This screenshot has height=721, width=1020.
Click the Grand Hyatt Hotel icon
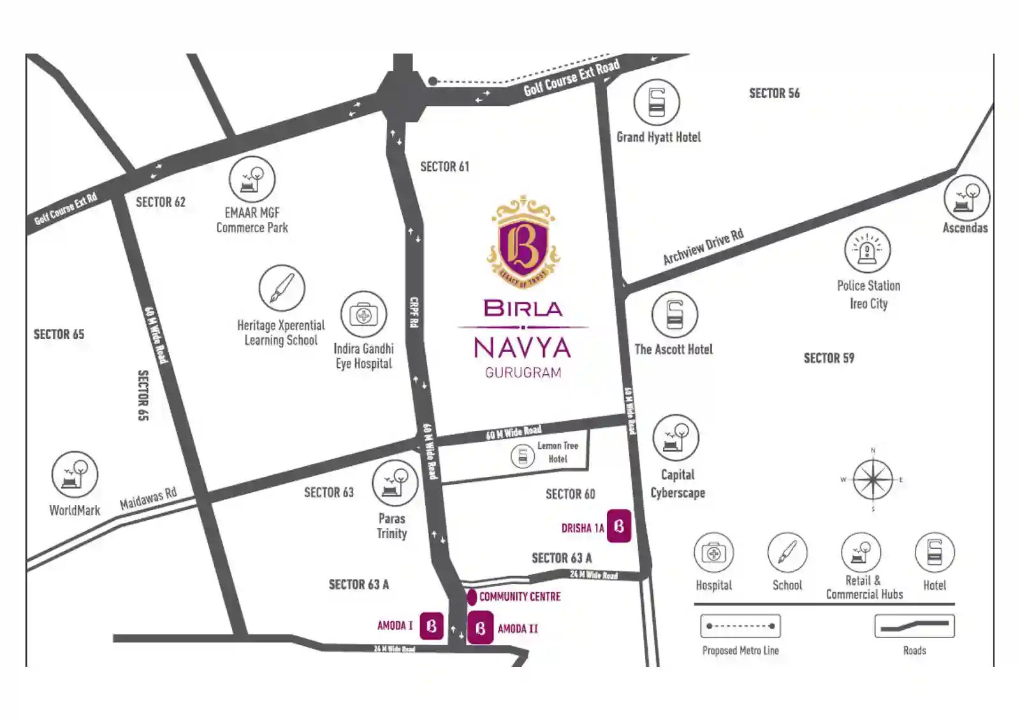pyautogui.click(x=657, y=102)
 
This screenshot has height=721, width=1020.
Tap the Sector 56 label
pyautogui.click(x=774, y=94)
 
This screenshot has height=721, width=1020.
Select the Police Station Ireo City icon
pyautogui.click(x=867, y=249)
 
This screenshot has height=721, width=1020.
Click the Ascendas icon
pyautogui.click(x=966, y=198)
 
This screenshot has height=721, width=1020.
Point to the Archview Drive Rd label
pyautogui.click(x=703, y=247)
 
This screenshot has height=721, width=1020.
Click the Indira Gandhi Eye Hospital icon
pyautogui.click(x=363, y=315)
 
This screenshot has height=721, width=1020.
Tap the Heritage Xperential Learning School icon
pyautogui.click(x=282, y=288)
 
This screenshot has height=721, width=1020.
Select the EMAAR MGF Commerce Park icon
pyautogui.click(x=252, y=179)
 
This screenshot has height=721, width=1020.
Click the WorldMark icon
pyautogui.click(x=75, y=474)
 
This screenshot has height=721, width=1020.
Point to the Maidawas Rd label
pyautogui.click(x=148, y=499)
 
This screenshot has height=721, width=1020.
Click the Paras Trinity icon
pyautogui.click(x=395, y=483)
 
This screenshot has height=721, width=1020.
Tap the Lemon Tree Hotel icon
pyautogui.click(x=523, y=456)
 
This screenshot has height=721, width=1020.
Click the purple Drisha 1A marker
pyautogui.click(x=618, y=526)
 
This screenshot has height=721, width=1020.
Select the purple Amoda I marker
pyautogui.click(x=432, y=626)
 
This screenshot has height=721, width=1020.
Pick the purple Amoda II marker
pyautogui.click(x=480, y=628)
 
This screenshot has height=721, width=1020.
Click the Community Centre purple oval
pyautogui.click(x=472, y=597)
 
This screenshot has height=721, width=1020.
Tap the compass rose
pyautogui.click(x=873, y=479)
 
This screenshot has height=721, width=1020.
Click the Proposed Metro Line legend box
pyautogui.click(x=740, y=626)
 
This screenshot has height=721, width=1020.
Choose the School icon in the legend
pyautogui.click(x=787, y=552)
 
